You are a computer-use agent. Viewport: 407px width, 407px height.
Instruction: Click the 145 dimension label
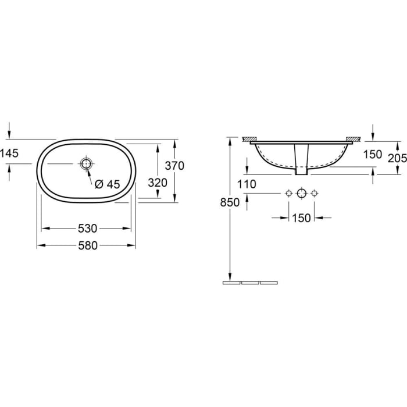tap(10, 153)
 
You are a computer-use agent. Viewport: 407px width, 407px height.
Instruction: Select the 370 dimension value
tap(174, 166)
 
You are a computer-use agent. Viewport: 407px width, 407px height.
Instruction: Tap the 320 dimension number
tap(158, 182)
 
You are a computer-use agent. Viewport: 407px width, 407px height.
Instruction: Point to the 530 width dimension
tap(87, 228)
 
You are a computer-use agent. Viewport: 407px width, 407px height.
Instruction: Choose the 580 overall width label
tap(87, 245)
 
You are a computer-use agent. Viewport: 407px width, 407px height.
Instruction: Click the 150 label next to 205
tap(373, 155)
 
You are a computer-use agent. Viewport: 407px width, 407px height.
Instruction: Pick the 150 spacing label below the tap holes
tap(302, 218)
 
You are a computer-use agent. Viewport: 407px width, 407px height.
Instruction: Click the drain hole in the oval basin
tap(87, 165)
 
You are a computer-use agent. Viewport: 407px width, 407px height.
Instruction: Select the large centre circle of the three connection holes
tap(301, 193)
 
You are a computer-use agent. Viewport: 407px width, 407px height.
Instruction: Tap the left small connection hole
tap(288, 193)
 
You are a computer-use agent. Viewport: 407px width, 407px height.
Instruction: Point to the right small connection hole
tap(314, 193)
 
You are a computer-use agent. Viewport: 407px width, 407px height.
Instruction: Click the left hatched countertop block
tap(249, 140)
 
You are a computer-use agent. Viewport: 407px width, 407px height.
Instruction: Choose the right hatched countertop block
tap(353, 140)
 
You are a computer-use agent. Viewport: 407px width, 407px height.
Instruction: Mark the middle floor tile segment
tap(249, 283)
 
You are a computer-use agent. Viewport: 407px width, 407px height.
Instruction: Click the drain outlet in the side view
tap(301, 160)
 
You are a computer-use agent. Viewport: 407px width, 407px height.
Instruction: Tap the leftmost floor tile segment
tap(231, 283)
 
